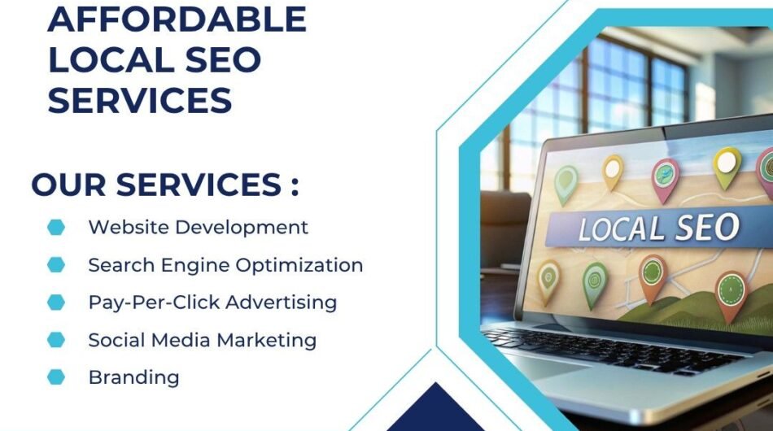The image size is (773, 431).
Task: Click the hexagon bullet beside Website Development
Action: pos(56,228)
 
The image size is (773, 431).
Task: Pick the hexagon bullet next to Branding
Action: pos(56,377)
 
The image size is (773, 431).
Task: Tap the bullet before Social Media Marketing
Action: pos(56,339)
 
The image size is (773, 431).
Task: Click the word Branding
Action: pos(133,377)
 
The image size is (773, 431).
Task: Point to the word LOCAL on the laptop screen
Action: pos(618,229)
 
